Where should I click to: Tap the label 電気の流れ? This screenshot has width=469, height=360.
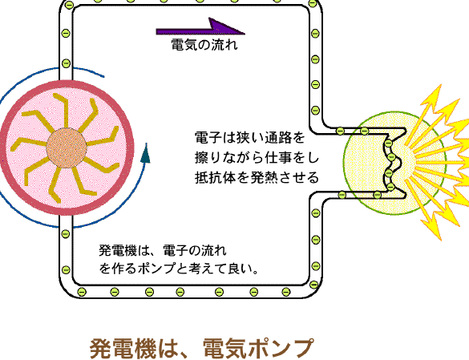point(204,45)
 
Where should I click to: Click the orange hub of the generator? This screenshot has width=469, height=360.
point(67,148)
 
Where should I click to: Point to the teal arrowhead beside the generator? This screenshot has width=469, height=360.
point(145,153)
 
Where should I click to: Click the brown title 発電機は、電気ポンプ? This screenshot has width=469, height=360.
point(202,349)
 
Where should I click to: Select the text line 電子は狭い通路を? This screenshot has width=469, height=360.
point(250,138)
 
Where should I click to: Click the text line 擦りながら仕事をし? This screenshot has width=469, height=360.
point(257,158)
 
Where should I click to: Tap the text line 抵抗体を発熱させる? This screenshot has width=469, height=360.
point(257,178)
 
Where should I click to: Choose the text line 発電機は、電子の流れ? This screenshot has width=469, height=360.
point(163,250)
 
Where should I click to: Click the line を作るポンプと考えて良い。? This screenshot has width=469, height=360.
point(178,269)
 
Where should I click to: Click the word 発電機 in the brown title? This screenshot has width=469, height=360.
point(123,349)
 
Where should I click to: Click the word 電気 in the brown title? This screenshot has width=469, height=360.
point(225,349)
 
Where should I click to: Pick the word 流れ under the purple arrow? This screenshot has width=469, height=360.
point(225,45)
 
